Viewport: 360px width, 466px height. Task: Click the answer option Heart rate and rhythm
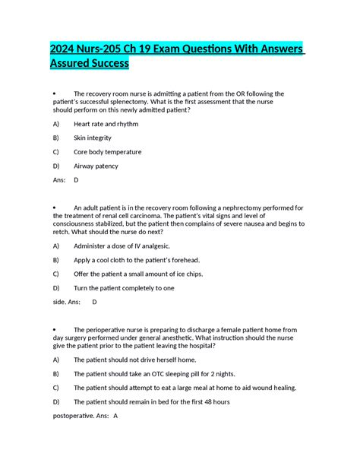pyautogui.click(x=106, y=123)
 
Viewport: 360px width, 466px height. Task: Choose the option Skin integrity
pyautogui.click(x=93, y=138)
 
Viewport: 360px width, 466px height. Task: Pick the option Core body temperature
pyautogui.click(x=107, y=152)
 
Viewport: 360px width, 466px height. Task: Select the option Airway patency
pyautogui.click(x=96, y=166)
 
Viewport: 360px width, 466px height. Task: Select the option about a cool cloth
pyautogui.click(x=136, y=260)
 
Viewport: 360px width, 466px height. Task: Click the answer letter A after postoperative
pyautogui.click(x=115, y=416)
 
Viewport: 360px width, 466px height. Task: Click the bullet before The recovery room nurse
pyautogui.click(x=56, y=94)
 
